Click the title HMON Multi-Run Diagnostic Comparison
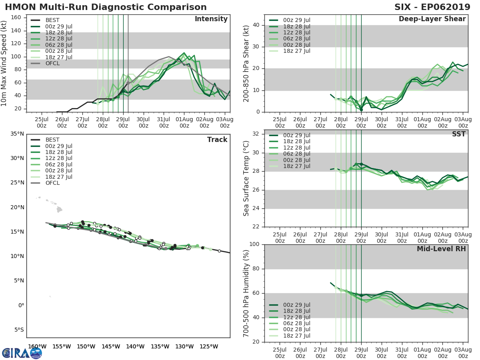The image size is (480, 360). pos(106,7)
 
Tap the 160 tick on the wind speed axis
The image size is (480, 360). pos(16,18)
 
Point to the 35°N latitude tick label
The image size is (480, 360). pos(16,134)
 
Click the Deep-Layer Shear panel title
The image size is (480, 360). pos(432,19)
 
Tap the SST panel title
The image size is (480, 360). pos(458,134)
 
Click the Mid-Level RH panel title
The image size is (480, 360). pos(441,249)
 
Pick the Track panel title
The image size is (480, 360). pos(217,140)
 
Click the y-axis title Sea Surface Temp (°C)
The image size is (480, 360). pos(246,178)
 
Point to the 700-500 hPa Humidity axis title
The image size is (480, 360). pos(246,293)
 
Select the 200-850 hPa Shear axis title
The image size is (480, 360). pos(246,63)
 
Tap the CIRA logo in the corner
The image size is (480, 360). pos(22,353)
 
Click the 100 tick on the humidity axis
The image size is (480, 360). pos(255,244)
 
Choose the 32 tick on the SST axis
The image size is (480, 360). pos(257,134)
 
